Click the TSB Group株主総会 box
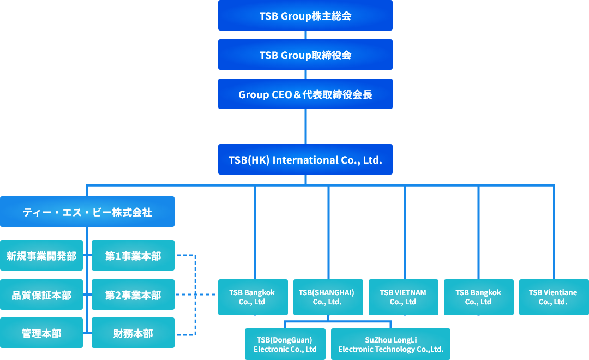[305, 15]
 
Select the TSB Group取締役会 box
[305, 55]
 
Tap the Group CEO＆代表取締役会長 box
[305, 94]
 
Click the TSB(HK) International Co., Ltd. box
[305, 159]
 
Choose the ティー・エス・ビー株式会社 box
[87, 212]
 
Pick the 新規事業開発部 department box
[41, 255]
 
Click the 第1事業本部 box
[133, 255]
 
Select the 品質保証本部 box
[41, 295]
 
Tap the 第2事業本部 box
[133, 295]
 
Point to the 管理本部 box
[41, 333]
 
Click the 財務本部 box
[133, 333]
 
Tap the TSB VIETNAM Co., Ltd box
[403, 297]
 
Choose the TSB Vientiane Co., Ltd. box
[553, 297]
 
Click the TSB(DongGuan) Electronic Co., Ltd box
[285, 344]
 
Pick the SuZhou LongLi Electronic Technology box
[390, 344]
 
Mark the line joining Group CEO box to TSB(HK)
[305, 127]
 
